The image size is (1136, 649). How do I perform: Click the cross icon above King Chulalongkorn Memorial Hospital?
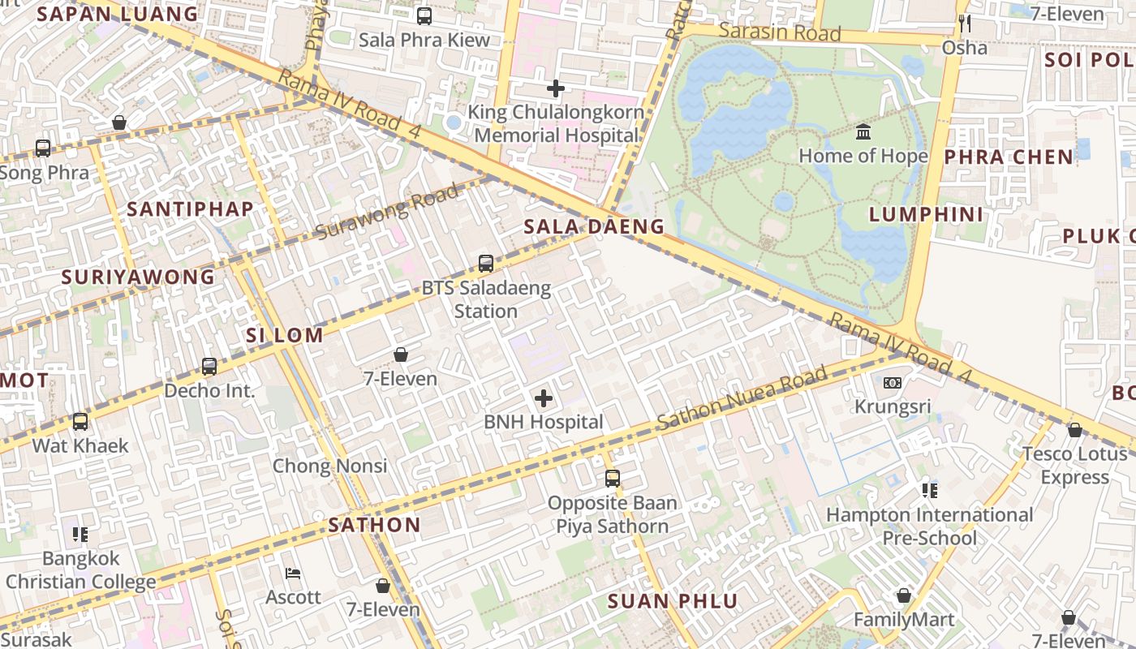pyautogui.click(x=556, y=88)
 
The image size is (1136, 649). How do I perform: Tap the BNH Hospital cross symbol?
pyautogui.click(x=544, y=398)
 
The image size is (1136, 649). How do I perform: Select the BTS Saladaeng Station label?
pyautogui.click(x=486, y=299)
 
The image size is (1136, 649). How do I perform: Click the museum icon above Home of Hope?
pyautogui.click(x=863, y=131)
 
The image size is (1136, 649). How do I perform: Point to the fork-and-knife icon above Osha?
pyautogui.click(x=965, y=23)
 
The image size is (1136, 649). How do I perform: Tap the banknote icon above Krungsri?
pyautogui.click(x=893, y=382)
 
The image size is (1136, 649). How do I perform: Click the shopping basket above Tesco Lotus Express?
pyautogui.click(x=1075, y=429)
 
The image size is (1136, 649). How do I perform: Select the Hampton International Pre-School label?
pyautogui.click(x=929, y=527)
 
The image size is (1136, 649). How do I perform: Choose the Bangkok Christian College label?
pyautogui.click(x=80, y=570)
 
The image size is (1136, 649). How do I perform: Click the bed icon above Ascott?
pyautogui.click(x=294, y=574)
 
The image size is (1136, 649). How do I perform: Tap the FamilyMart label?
pyautogui.click(x=904, y=620)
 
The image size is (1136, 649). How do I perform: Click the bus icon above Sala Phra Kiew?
pyautogui.click(x=424, y=15)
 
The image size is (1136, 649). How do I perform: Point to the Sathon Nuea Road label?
pyautogui.click(x=742, y=398)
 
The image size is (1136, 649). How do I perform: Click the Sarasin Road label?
pyautogui.click(x=780, y=33)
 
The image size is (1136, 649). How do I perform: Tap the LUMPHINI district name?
pyautogui.click(x=926, y=214)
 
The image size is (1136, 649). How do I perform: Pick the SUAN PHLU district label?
pyautogui.click(x=673, y=601)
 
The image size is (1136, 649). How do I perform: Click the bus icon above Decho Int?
pyautogui.click(x=209, y=366)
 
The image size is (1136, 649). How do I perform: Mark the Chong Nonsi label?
pyautogui.click(x=329, y=466)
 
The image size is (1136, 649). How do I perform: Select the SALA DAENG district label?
pyautogui.click(x=594, y=226)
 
